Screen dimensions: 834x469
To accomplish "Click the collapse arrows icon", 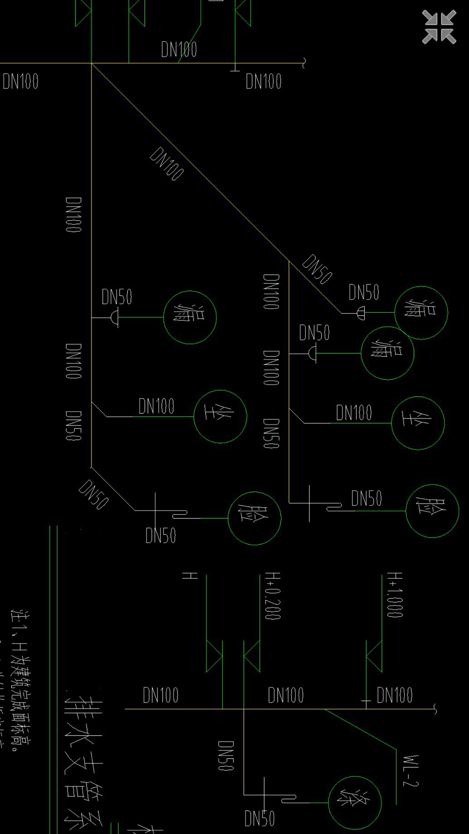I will click(x=439, y=27).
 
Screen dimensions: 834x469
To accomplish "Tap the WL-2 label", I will click(x=411, y=771).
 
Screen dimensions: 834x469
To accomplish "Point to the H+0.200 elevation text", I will click(x=273, y=596).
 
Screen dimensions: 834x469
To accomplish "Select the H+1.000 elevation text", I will click(x=395, y=595).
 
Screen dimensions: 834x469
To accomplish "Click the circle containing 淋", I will click(x=354, y=802).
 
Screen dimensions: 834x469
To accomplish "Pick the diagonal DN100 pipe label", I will click(x=167, y=163).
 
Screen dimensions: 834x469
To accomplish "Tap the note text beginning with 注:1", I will click(x=20, y=680).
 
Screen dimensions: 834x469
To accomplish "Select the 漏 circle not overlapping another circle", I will click(x=189, y=317).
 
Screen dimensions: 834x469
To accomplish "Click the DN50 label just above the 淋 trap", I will click(x=226, y=756).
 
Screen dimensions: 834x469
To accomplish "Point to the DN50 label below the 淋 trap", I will click(x=259, y=819).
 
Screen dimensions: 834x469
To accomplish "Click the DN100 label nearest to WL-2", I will click(x=394, y=695).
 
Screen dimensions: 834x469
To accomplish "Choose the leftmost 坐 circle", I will click(x=220, y=416).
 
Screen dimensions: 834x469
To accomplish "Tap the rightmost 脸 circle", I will click(x=432, y=511).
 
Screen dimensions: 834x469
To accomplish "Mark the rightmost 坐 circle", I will click(x=417, y=423).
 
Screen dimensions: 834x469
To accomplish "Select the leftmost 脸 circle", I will click(x=254, y=518).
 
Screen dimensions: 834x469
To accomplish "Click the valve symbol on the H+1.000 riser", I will click(x=374, y=656).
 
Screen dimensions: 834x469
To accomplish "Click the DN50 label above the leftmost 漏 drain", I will click(x=117, y=297).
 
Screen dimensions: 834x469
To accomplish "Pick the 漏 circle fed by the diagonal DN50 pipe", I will click(x=421, y=312).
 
